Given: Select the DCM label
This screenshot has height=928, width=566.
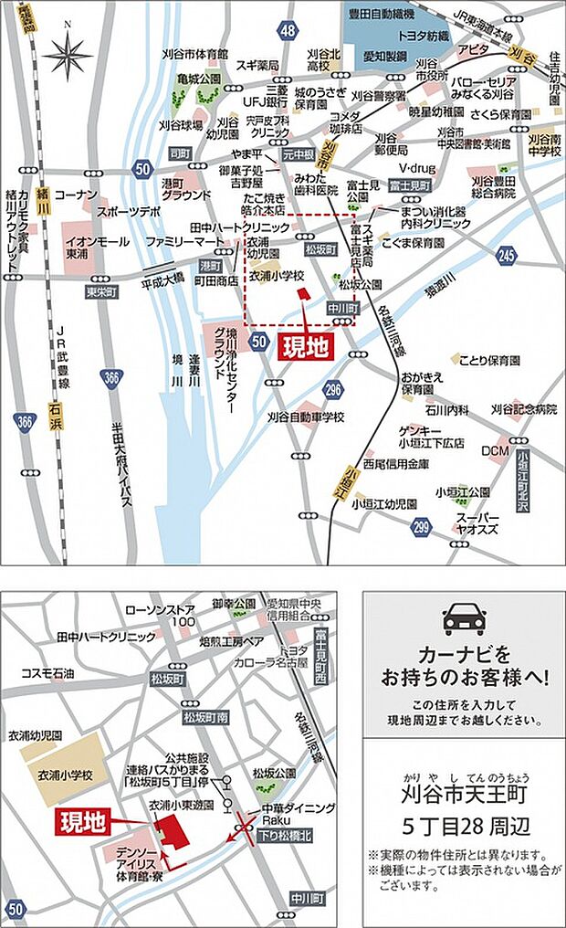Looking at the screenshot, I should click(x=496, y=450).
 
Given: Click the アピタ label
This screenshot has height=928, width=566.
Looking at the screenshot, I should click(x=474, y=48).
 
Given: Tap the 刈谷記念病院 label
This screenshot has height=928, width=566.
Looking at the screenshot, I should click(x=524, y=408).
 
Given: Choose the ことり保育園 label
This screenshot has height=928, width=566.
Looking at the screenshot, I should click(x=489, y=360).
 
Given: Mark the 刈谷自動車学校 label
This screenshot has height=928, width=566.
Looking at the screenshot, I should click(x=307, y=417).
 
